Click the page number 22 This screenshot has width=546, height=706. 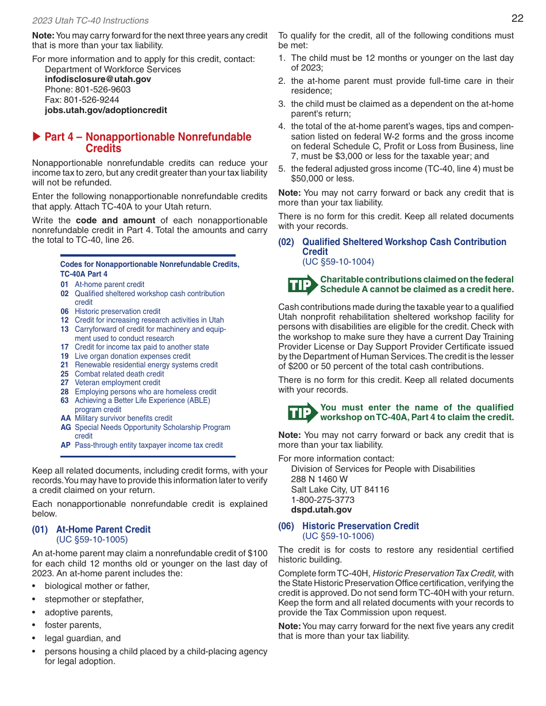pos(517,18)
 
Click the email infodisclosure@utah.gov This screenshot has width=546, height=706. pos(98,79)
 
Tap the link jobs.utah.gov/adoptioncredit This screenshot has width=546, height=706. pos(106,110)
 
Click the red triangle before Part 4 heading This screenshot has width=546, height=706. pos(36,137)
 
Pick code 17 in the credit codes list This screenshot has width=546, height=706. pos(64,347)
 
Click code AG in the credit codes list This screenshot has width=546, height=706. pos(66,428)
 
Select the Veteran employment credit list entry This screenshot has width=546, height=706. pos(117,383)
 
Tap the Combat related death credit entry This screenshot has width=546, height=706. pos(119,374)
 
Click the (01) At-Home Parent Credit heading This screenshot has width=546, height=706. pos(91,530)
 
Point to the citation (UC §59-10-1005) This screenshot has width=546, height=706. pos(92,540)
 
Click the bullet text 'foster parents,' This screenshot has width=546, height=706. pos(73,625)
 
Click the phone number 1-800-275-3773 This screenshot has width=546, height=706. pos(322,500)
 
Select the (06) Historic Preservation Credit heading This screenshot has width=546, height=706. pos(349,526)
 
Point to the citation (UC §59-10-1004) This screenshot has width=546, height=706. pos(338,262)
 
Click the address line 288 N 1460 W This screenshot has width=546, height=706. pos(319,479)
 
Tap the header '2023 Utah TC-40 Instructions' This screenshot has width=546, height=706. pos(90,21)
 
